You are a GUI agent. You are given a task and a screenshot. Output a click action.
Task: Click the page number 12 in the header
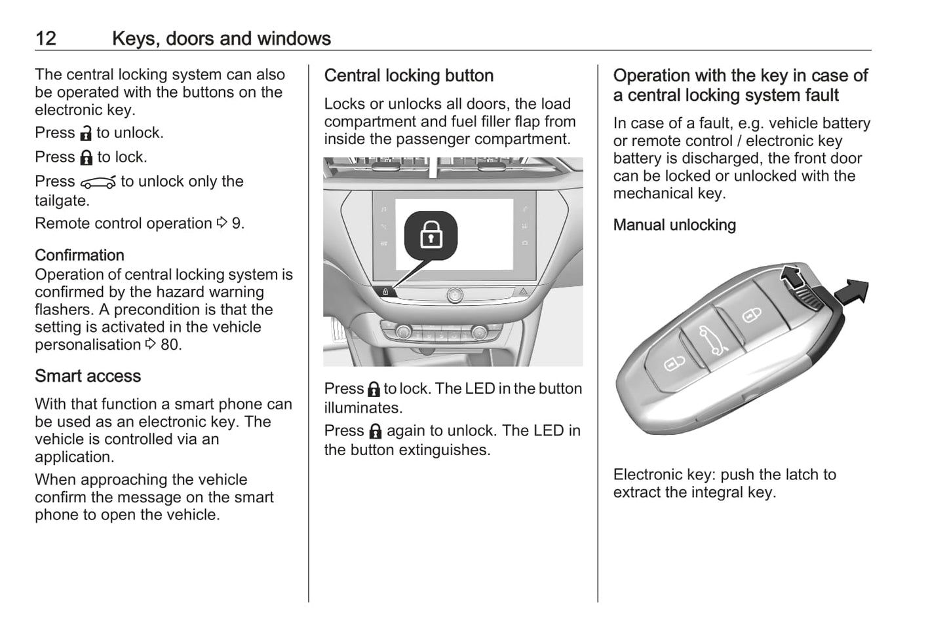pos(46,39)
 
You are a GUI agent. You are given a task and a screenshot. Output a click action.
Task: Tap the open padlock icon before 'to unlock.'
pos(86,134)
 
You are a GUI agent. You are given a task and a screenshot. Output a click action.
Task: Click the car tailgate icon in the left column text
pos(98,182)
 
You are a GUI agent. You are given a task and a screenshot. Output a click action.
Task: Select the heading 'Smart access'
pos(88,376)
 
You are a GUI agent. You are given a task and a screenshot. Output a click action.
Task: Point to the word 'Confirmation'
pos(79,255)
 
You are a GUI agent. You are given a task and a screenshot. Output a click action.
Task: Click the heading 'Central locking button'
pos(408,75)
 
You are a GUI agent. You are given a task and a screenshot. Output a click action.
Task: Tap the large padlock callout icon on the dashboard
pos(431,234)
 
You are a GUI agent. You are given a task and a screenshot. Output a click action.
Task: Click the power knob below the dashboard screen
pos(454,295)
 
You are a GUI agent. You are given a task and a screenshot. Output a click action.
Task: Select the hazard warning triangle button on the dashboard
pos(524,291)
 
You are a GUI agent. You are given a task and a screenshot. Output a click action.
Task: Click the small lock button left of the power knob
pos(386,291)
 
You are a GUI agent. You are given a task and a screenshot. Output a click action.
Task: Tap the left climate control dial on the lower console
pos(403,333)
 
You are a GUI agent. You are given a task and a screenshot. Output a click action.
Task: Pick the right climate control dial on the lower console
pos(480,333)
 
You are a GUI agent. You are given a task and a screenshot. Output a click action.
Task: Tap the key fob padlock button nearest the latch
pos(752,316)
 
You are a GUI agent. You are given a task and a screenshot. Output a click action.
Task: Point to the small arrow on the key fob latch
pos(791,277)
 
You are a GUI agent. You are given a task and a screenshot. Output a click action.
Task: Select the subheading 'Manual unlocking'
pos(674,225)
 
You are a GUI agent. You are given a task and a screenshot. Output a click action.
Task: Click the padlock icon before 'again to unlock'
pos(376,431)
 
